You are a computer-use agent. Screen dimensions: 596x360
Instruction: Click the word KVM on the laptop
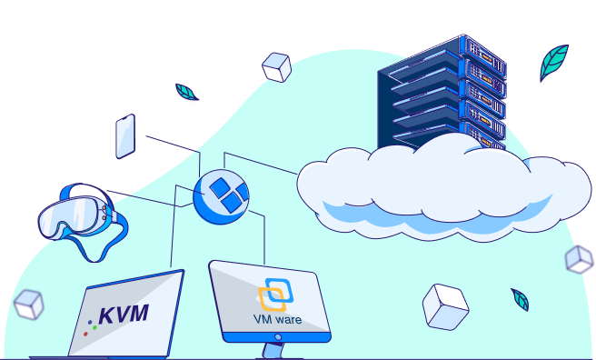[x=124, y=315]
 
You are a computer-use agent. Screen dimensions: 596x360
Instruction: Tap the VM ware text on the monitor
[x=277, y=319]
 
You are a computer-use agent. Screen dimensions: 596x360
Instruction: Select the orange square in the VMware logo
[x=272, y=300]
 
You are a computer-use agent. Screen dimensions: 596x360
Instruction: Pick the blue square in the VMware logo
[x=280, y=290]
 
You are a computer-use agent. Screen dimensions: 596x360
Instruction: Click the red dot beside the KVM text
[x=85, y=335]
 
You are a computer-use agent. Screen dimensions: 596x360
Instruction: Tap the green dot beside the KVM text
[x=94, y=327]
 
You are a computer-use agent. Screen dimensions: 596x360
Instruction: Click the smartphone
[x=125, y=136]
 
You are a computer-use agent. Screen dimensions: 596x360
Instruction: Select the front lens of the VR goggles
[x=67, y=215]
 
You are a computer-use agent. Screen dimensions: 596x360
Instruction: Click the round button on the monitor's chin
[x=278, y=337]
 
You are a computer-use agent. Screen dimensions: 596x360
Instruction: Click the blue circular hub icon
[x=221, y=196]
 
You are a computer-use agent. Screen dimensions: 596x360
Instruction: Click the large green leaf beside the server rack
[x=553, y=62]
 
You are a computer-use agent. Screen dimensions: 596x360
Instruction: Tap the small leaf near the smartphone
[x=186, y=92]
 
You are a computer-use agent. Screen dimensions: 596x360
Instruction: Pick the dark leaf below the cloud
[x=521, y=300]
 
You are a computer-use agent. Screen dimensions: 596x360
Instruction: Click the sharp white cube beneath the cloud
[x=445, y=306]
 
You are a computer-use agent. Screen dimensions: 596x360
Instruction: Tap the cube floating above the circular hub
[x=277, y=67]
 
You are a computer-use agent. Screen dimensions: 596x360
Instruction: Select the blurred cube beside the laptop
[x=28, y=305]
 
